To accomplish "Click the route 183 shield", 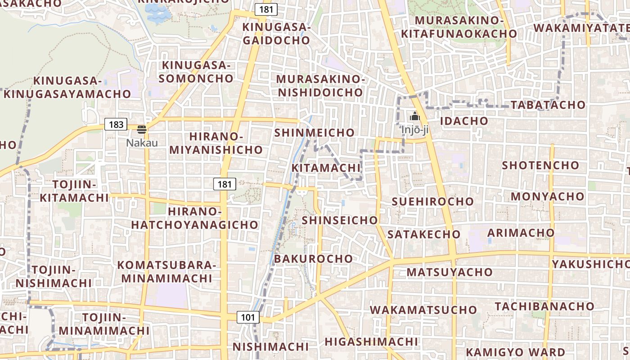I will (x=116, y=125).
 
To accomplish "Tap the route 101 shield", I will (x=248, y=317).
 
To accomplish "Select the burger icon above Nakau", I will (x=142, y=130).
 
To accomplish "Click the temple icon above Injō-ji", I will (x=414, y=117).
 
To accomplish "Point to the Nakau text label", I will (x=142, y=143).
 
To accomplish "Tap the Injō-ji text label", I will (x=414, y=130).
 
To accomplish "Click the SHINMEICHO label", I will (x=314, y=133).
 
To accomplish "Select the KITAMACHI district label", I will (x=326, y=168).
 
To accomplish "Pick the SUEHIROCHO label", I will (x=432, y=202).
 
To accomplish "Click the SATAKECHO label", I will (x=424, y=234).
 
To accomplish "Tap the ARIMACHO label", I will (x=521, y=233).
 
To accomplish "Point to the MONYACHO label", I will (x=547, y=197).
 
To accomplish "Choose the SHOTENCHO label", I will (x=540, y=165).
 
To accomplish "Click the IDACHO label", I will (x=463, y=121).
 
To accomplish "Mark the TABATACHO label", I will (x=548, y=105).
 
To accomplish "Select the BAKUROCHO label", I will (x=313, y=259).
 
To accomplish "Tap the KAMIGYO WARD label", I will (x=515, y=352).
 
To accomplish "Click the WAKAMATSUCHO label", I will (x=423, y=310).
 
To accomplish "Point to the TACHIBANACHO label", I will (x=544, y=306).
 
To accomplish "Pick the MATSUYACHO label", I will (x=450, y=272).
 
